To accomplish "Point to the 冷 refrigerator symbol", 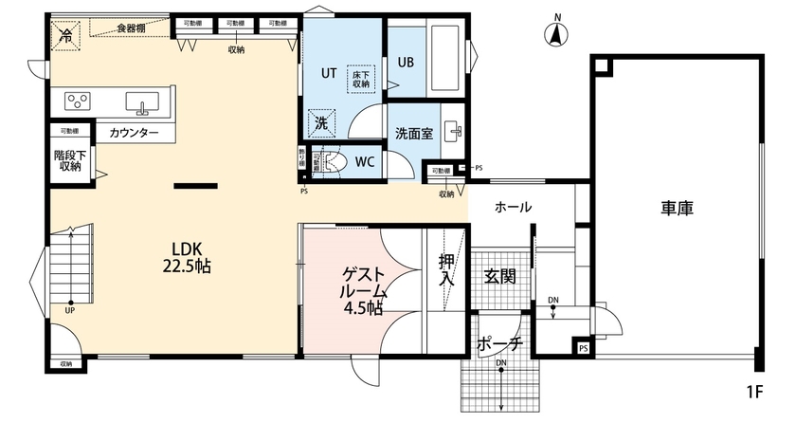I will tap(66, 36).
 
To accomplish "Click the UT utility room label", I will tap(329, 72).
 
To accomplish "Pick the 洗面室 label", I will tap(414, 134).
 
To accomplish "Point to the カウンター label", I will tap(134, 133).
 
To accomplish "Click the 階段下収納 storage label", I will tap(67, 158).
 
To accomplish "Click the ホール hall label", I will tap(513, 207).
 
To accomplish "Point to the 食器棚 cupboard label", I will tap(132, 28).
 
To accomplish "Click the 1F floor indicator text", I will tap(755, 390).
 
